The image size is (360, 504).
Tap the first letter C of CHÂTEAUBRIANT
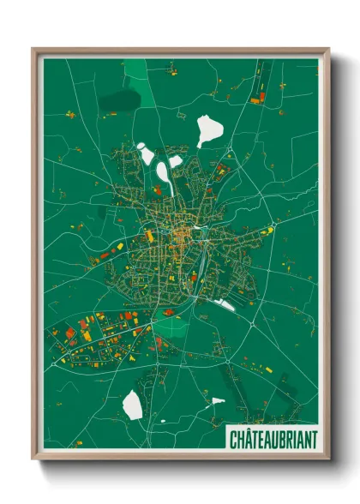(x=234, y=440)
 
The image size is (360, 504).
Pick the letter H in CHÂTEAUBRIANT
(x=241, y=440)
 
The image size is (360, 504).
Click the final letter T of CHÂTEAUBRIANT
(x=313, y=440)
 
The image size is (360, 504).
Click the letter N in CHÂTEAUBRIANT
(x=306, y=440)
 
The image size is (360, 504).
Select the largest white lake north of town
(x=208, y=130)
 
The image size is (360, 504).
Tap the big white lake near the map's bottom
(x=133, y=405)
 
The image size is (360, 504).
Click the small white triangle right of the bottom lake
(x=218, y=400)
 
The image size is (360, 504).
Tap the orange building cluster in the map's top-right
(x=258, y=96)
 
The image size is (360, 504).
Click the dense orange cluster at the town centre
(x=181, y=233)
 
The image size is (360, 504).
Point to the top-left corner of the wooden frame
(x=33, y=48)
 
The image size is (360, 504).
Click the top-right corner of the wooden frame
(x=329, y=48)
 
